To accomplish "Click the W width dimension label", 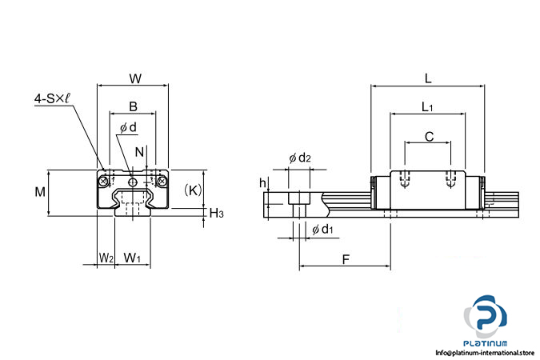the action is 135,78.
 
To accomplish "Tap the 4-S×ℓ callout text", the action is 52,98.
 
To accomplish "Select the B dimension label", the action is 133,106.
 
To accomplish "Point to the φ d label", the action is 128,127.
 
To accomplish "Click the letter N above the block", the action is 139,152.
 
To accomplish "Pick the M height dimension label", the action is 40,191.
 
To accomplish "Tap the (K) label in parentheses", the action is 193,190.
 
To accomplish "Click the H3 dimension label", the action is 216,214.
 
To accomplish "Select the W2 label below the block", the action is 106,258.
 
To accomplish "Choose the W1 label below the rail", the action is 132,258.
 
